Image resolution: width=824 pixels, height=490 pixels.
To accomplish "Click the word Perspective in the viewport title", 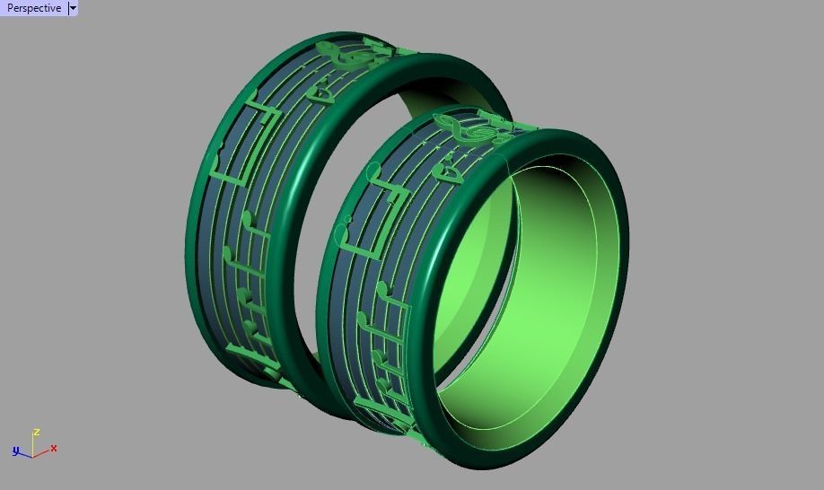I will pos(34,8).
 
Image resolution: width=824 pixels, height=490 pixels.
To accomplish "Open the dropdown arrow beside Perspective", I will pos(73,8).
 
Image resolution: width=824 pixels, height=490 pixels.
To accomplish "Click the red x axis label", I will pos(55,448).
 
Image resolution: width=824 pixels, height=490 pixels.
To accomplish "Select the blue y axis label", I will pos(15,451).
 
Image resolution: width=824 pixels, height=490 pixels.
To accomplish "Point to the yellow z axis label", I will pos(37,432).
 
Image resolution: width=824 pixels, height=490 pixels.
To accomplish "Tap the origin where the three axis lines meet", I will pos(33,453).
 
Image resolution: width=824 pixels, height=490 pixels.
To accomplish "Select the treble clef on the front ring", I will pos(477,130).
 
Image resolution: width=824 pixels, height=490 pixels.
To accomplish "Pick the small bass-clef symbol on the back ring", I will pos(320,92).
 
